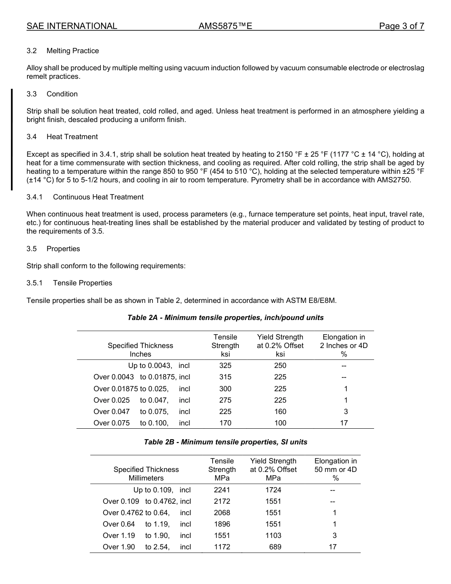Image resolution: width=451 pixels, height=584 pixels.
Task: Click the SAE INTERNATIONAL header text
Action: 72,26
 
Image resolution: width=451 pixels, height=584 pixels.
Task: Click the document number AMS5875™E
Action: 225,26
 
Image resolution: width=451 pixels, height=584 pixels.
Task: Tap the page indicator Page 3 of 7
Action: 401,26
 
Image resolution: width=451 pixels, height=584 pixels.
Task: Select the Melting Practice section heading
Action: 73,51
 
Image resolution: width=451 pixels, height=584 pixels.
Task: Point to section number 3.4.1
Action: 35,197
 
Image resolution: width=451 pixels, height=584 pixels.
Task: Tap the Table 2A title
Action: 225,317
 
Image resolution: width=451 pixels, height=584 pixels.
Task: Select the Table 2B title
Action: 225,442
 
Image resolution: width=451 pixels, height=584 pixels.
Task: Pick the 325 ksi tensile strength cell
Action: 225,366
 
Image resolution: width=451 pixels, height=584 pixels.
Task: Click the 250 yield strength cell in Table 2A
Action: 280,366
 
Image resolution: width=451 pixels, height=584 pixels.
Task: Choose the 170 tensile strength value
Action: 225,423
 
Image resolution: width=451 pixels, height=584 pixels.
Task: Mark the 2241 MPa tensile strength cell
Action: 222,490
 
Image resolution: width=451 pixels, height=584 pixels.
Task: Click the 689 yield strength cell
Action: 275,547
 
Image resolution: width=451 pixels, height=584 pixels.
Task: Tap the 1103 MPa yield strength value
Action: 273,536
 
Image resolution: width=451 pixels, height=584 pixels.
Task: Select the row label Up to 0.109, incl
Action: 162,490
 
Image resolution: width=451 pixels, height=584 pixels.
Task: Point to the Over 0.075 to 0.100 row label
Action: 141,423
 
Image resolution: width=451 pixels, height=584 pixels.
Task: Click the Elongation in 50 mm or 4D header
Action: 335,470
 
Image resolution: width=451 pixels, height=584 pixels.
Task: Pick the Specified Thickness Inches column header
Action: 140,350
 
